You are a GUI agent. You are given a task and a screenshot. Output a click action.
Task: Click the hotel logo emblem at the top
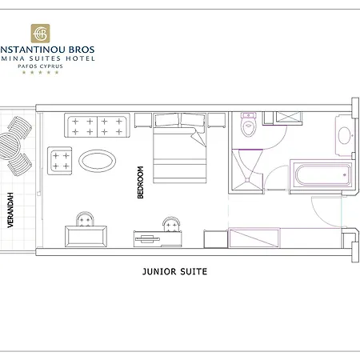41,34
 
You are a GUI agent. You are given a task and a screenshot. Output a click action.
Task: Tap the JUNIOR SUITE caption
174,271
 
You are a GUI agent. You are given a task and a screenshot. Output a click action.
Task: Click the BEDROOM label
141,182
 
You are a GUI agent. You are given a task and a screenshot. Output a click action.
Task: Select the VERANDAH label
11,211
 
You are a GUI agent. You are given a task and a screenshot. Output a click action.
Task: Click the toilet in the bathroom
247,126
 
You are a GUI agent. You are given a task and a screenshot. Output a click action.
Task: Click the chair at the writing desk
170,223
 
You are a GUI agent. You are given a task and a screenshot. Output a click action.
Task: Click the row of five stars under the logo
41,73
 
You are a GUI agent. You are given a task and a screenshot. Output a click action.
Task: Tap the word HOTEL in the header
82,58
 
